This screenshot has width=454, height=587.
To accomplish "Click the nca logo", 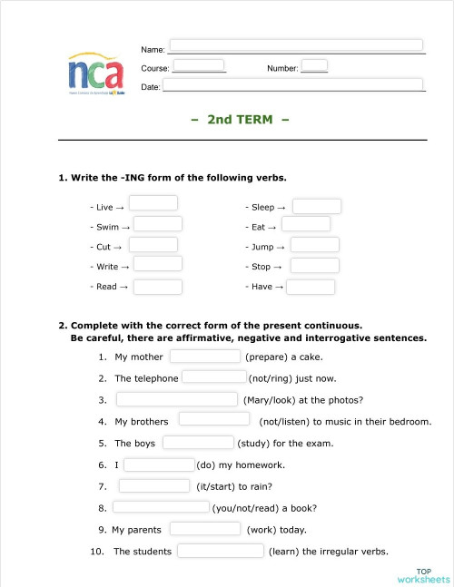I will click(x=95, y=72).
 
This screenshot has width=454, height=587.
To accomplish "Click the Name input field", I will click(x=296, y=44).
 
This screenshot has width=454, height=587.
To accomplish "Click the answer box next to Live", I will click(x=153, y=203).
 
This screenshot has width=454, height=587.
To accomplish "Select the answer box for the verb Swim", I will click(x=158, y=223).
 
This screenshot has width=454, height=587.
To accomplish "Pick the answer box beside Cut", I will click(x=153, y=244).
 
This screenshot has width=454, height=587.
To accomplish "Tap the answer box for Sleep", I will click(x=317, y=206).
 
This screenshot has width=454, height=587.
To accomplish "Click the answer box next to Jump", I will click(x=315, y=245).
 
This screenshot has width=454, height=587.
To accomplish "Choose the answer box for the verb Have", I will click(x=311, y=287).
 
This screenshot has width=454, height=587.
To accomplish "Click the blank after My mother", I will click(x=205, y=356).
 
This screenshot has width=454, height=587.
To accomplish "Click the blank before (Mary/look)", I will click(x=177, y=399).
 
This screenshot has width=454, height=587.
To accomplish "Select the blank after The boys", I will click(x=199, y=443).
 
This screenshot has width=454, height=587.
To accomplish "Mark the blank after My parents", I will click(x=205, y=529).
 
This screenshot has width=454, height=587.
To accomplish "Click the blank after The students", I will click(x=221, y=551).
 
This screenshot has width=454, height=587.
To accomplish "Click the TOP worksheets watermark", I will click(x=423, y=575).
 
